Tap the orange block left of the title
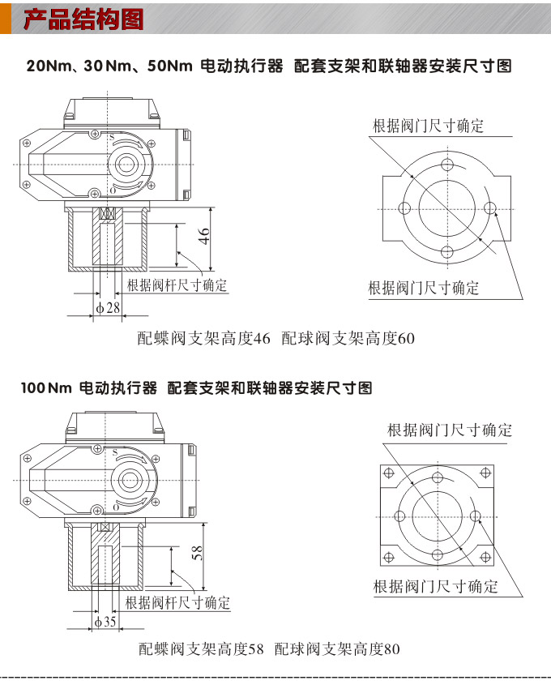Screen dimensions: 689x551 (6, 19)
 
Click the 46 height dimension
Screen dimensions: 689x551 (205, 237)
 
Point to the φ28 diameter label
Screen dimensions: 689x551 (108, 308)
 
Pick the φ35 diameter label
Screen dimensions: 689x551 (106, 623)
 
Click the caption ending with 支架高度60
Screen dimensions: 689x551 (348, 338)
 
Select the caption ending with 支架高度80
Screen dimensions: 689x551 (337, 649)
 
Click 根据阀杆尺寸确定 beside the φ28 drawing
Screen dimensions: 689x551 (177, 285)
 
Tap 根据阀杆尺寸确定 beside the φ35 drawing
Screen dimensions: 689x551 (177, 603)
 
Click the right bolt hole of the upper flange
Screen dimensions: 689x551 (489, 209)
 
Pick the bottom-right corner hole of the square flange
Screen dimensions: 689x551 (487, 557)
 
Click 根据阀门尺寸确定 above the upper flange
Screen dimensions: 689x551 (428, 126)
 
